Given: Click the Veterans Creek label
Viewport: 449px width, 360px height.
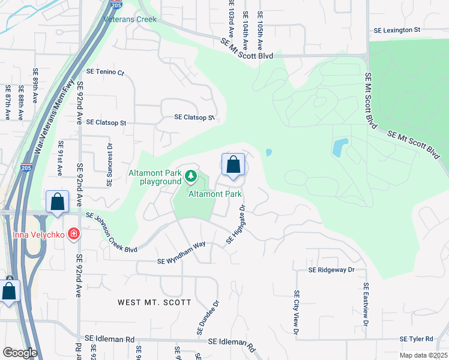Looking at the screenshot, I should click(x=130, y=19).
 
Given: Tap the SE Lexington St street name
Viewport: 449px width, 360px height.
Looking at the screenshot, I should click(x=397, y=29).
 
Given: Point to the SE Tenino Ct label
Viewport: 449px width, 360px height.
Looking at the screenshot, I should click(x=105, y=73).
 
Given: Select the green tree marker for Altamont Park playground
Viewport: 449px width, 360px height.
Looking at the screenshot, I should click(x=191, y=176).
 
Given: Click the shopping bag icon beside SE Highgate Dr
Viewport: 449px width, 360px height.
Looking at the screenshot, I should click(x=233, y=165).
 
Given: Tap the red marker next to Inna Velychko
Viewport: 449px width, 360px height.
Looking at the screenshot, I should click(x=74, y=233).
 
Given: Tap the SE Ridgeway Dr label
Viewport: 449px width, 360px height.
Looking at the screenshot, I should click(x=331, y=270).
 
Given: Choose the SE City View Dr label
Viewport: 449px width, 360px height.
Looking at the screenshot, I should click(x=297, y=312).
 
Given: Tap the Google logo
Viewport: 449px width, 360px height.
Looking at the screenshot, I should click(x=19, y=352).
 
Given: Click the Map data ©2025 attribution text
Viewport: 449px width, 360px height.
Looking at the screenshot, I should click(x=423, y=355).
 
